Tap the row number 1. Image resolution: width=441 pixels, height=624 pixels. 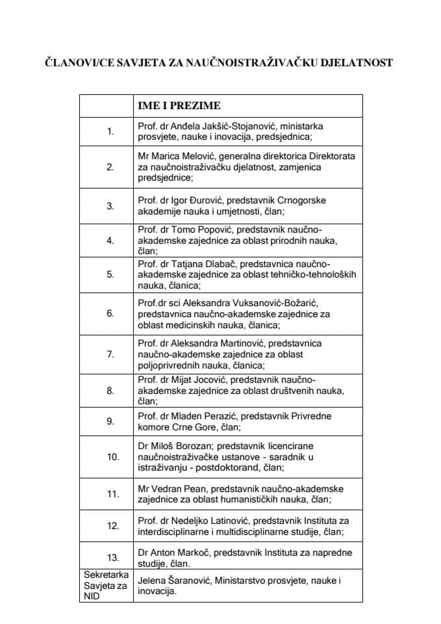[x=110, y=131]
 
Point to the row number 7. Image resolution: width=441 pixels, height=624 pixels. [x=110, y=354]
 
